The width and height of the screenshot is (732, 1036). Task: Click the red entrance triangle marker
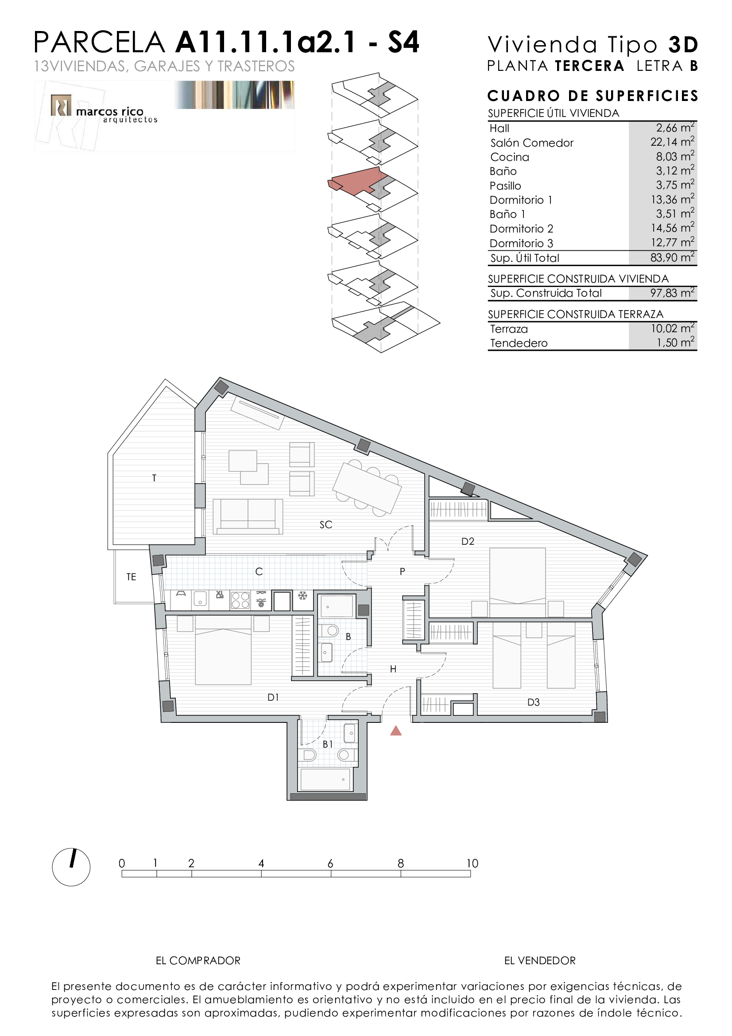point(395,730)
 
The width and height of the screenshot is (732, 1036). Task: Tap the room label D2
point(468,541)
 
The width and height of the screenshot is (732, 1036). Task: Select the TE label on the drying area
point(131,577)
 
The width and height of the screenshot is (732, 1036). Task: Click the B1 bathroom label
point(328,744)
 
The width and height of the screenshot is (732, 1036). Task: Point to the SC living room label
point(325,524)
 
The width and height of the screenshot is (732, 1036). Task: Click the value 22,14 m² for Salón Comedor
point(672,142)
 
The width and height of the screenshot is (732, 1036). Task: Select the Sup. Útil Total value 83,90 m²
point(672,258)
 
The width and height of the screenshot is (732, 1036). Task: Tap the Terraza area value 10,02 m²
point(672,328)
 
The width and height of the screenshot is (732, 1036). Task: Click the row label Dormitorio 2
point(521,229)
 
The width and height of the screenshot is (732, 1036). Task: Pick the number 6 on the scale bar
point(330,864)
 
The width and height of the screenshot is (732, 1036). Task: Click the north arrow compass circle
point(71,867)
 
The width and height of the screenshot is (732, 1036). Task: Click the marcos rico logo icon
point(61,105)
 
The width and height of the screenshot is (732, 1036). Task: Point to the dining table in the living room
point(367,487)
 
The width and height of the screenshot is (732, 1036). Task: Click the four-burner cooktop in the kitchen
point(240,600)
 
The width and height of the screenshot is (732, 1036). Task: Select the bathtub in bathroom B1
point(325,780)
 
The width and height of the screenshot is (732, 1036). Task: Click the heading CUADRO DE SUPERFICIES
point(593,96)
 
